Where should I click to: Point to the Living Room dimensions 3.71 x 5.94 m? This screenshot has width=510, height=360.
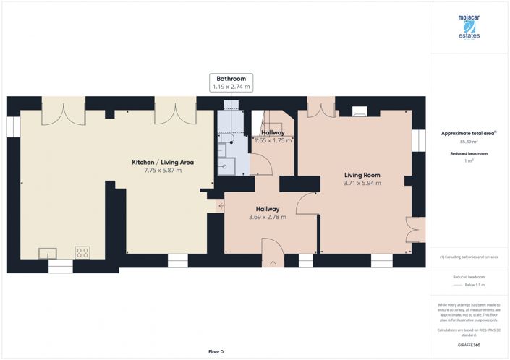point(362,184)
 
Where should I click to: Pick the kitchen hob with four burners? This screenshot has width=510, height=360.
point(82,252)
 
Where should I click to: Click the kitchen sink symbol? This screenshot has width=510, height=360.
point(49,252)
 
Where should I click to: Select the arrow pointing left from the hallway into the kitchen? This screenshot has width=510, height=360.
point(219,207)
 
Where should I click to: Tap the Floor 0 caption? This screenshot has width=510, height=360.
point(216,351)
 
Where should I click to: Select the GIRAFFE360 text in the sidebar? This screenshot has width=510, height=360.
point(469,346)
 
